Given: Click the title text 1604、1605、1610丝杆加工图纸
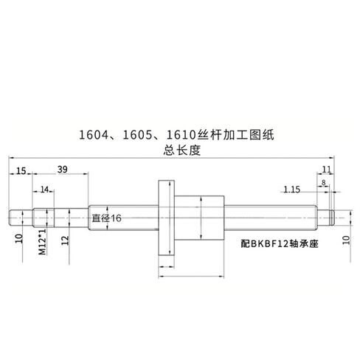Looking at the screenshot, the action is pos(176,135).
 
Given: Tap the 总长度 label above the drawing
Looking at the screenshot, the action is pos(182,150).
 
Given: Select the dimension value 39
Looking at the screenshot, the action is pos(62,170).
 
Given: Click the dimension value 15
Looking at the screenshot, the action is pos(21,170).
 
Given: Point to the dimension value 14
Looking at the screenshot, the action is pos(44,190).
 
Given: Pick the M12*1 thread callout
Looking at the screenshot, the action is pos(42,242).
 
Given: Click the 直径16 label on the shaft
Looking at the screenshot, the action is pos(107,218).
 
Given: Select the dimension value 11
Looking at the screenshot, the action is pos(327,169).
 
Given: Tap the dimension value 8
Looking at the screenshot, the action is pos(323,183).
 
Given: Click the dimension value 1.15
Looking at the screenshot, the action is pos(292,190).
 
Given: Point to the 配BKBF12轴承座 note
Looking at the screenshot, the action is pos(280,243).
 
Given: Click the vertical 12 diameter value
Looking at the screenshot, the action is pos(66,240).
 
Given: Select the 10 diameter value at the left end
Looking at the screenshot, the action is pos(19,238).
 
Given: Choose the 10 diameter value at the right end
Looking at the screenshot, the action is pos(346,240).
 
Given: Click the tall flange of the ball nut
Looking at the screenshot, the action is pos(166,218).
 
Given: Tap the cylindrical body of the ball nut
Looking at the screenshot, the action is pos(199,218).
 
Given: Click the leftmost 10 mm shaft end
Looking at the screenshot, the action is pos(21,218).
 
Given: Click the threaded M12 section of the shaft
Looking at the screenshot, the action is pos(44,218).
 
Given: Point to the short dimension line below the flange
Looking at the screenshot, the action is pos(167,266).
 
